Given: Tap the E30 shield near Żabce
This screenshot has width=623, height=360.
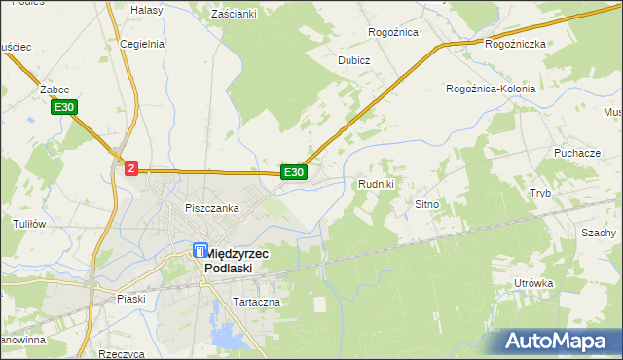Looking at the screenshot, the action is [65, 107].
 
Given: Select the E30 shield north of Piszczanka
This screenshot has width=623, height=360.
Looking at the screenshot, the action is [294, 172].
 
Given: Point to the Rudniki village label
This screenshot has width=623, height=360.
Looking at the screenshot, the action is [376, 183].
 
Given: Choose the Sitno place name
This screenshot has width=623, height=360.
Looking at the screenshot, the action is [428, 205].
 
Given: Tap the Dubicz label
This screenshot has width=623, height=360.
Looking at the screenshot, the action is [354, 59].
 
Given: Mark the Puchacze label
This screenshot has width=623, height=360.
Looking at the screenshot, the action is [576, 154].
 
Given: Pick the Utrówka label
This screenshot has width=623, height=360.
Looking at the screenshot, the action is [533, 283].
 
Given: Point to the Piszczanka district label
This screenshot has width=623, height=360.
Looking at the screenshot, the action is [212, 208].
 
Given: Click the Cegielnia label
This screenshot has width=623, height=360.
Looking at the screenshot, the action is [142, 44].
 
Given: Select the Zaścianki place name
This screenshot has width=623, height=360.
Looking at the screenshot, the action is [234, 14].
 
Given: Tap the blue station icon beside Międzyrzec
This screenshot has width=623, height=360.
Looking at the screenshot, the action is [199, 251].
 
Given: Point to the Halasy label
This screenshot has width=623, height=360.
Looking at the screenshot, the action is [146, 9].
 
